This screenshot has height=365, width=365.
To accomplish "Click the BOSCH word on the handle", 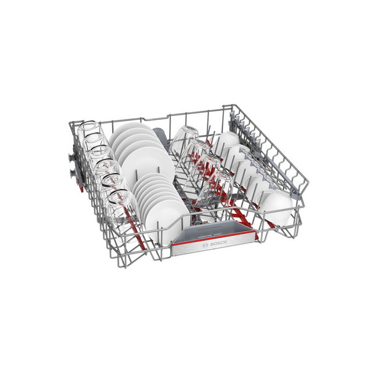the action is coord(218,244).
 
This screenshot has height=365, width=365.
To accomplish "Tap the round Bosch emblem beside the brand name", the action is coord(205,245).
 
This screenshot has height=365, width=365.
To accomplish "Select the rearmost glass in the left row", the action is coord(90,130).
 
